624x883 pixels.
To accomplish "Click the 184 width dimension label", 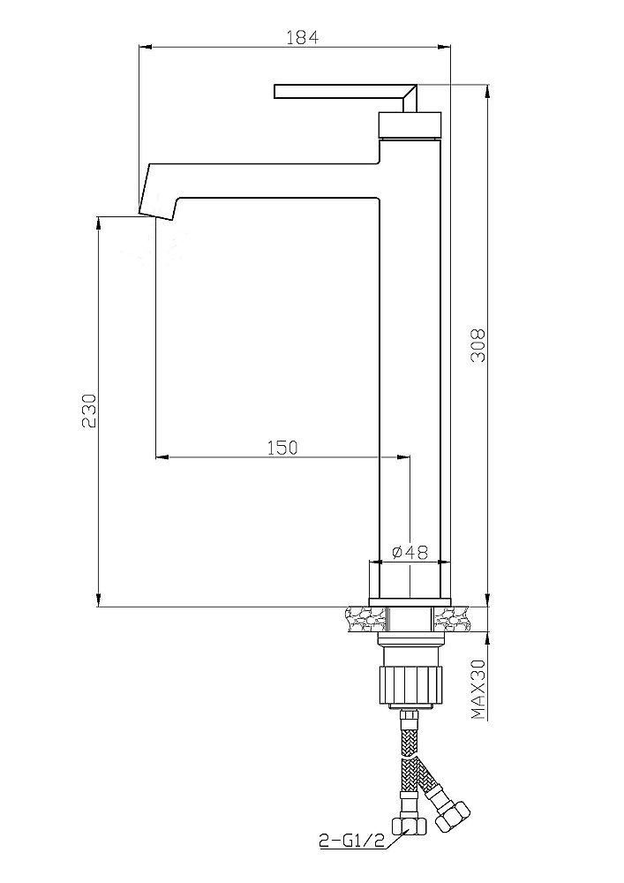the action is point(302,37).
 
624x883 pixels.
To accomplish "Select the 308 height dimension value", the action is point(478,344).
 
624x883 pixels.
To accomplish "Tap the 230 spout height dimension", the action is point(90,411).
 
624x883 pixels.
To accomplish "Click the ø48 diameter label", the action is point(410,553).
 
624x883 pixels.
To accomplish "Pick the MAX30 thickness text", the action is point(478,690).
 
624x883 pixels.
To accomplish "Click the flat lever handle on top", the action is point(345,92).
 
